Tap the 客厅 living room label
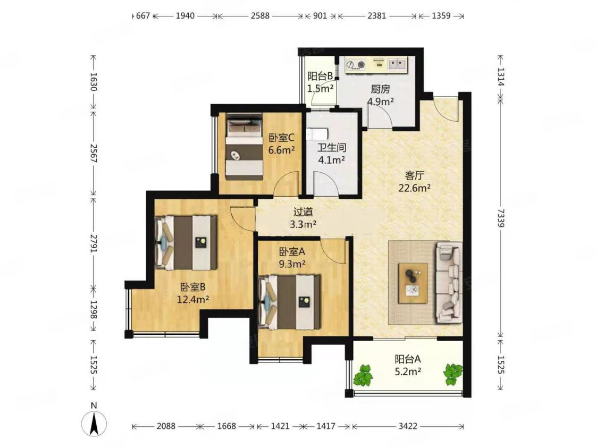[x=414, y=175]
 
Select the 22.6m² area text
[x=414, y=188]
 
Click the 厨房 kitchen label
[x=380, y=89]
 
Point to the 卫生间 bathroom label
[x=332, y=147]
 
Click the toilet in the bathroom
[x=318, y=134]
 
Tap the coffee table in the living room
[x=413, y=283]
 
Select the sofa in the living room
[x=449, y=282]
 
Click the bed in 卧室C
[x=245, y=147]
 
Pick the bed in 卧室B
[x=186, y=242]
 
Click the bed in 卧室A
[x=289, y=302]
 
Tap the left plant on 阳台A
[x=363, y=376]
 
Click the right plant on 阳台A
[x=452, y=374]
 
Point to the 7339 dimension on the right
[x=501, y=218]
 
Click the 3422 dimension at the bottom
[x=408, y=426]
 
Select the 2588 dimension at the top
[x=260, y=15]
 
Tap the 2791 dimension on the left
[x=94, y=244]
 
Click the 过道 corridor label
[x=303, y=212]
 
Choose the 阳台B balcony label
[x=321, y=76]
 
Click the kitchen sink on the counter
[x=397, y=64]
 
